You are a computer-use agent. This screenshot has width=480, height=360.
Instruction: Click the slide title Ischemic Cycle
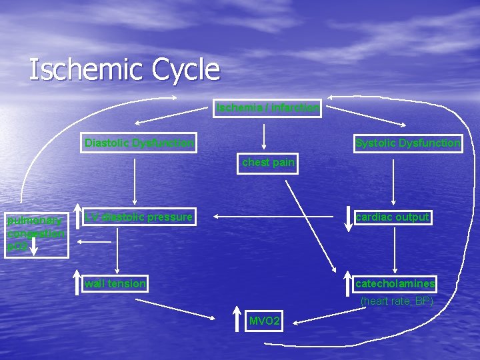125,69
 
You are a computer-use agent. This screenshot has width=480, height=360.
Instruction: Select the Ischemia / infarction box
267,107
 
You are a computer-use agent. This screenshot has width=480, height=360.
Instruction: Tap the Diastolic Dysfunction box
139,143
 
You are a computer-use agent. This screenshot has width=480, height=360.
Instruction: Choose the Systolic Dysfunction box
408,143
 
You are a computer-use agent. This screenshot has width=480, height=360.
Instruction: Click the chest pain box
268,163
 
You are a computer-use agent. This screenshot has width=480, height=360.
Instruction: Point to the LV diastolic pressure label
139,217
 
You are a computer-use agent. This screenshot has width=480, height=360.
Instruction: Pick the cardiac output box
393,217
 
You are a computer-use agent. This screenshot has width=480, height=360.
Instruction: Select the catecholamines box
395,284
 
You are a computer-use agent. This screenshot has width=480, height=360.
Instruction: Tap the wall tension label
115,284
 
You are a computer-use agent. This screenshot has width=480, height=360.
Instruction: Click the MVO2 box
265,322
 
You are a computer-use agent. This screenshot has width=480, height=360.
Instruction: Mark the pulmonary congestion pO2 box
36,233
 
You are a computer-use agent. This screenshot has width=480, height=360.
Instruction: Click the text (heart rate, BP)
397,301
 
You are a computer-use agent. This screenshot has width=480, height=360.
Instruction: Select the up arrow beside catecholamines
347,283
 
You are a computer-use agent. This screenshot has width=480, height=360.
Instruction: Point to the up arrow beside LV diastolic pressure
78,217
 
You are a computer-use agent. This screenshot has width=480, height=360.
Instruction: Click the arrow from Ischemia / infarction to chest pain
265,135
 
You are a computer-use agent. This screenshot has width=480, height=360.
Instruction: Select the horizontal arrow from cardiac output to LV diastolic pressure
273,217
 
